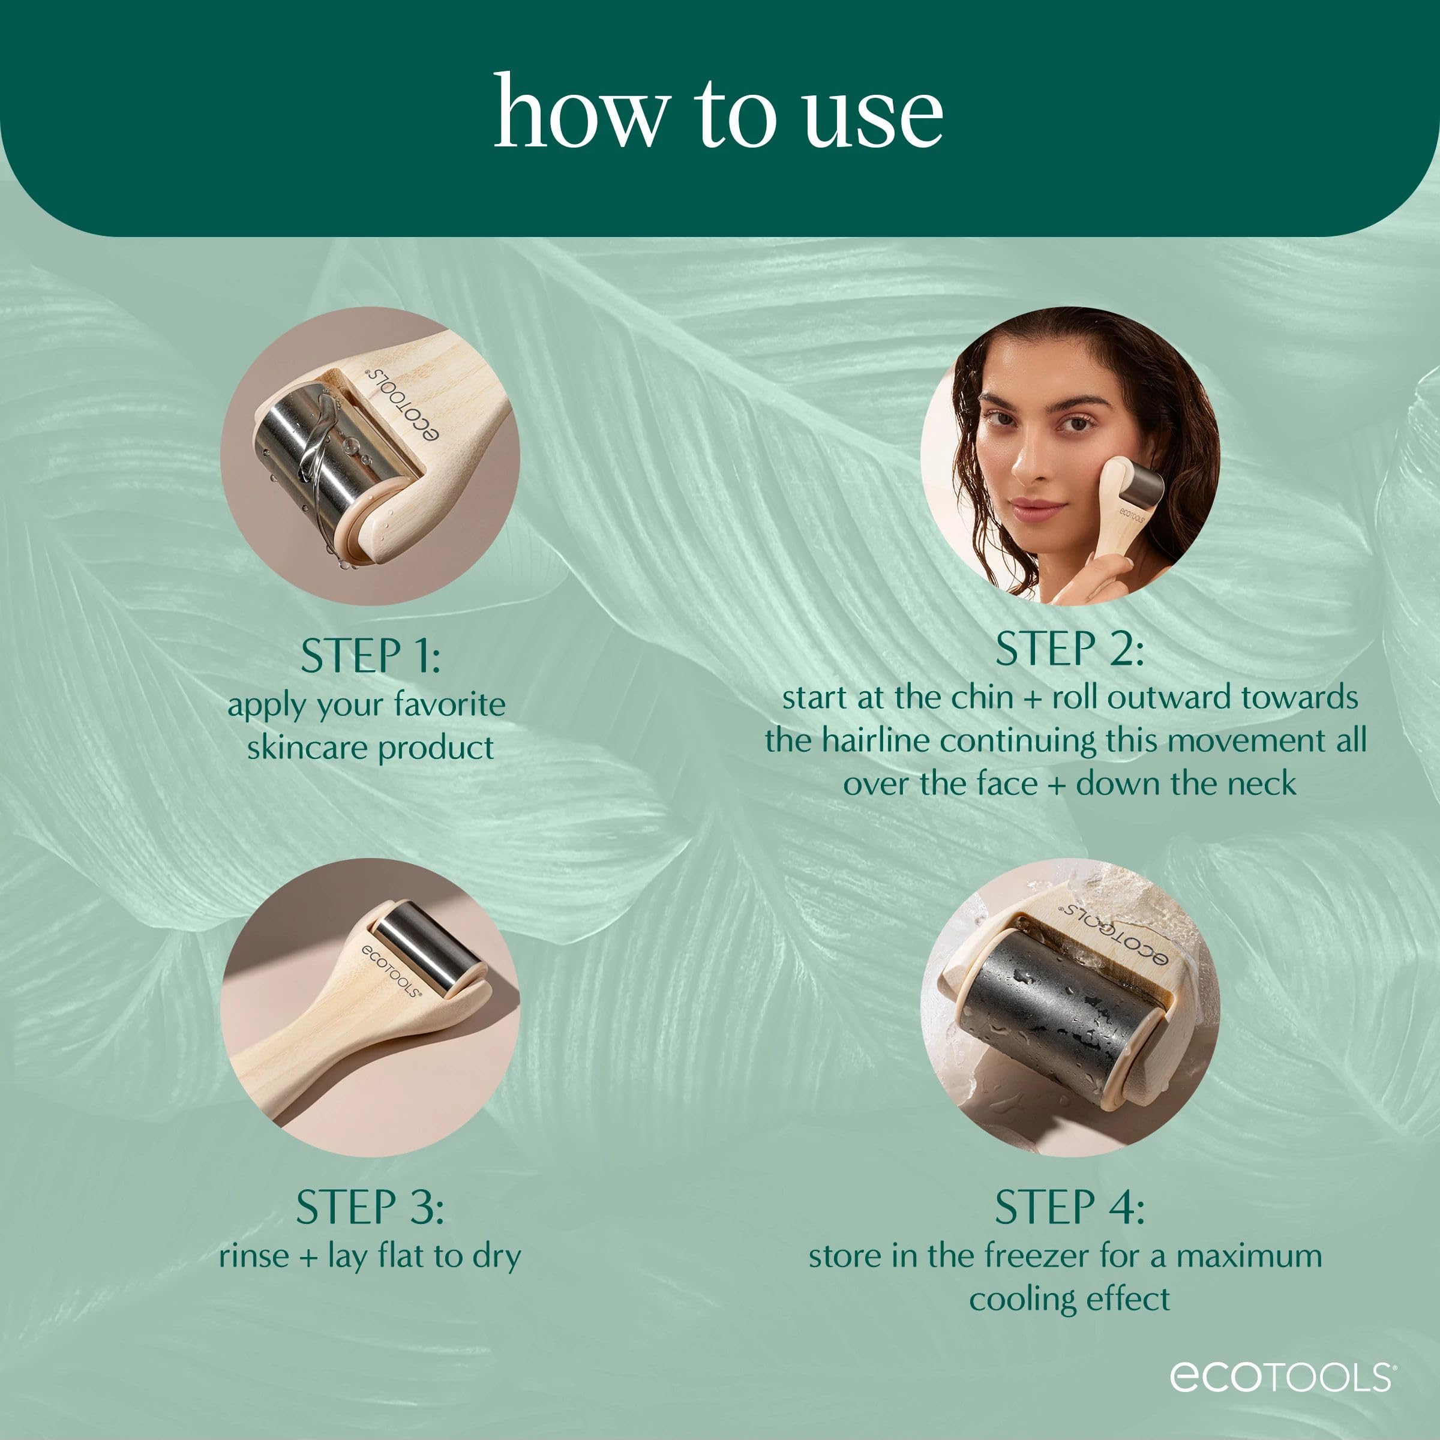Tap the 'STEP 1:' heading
(x=370, y=656)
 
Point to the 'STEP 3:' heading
(x=370, y=1207)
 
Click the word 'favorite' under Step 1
(x=449, y=704)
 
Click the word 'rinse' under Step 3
(x=253, y=1256)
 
